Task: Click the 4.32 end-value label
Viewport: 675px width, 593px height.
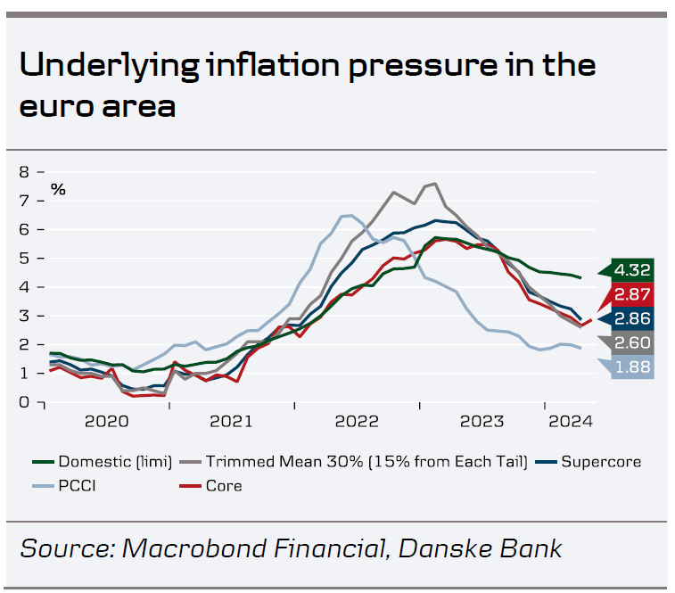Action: coord(634,269)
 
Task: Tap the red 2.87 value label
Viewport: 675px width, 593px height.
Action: coord(634,294)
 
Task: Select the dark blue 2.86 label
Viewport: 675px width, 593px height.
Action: coord(634,318)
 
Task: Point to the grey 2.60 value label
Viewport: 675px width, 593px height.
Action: coord(634,343)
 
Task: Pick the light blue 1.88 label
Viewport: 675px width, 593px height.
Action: coord(634,367)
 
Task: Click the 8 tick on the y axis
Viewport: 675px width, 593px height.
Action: coord(25,171)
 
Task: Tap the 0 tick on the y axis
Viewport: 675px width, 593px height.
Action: coord(25,402)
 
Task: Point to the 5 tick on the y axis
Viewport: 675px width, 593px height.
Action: coord(25,258)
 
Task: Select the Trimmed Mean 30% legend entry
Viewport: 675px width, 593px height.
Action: coord(366,462)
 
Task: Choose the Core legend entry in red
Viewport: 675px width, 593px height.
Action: coord(223,486)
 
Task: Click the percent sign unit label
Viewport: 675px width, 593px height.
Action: coord(58,189)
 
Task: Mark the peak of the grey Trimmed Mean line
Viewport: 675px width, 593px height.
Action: coord(433,184)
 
